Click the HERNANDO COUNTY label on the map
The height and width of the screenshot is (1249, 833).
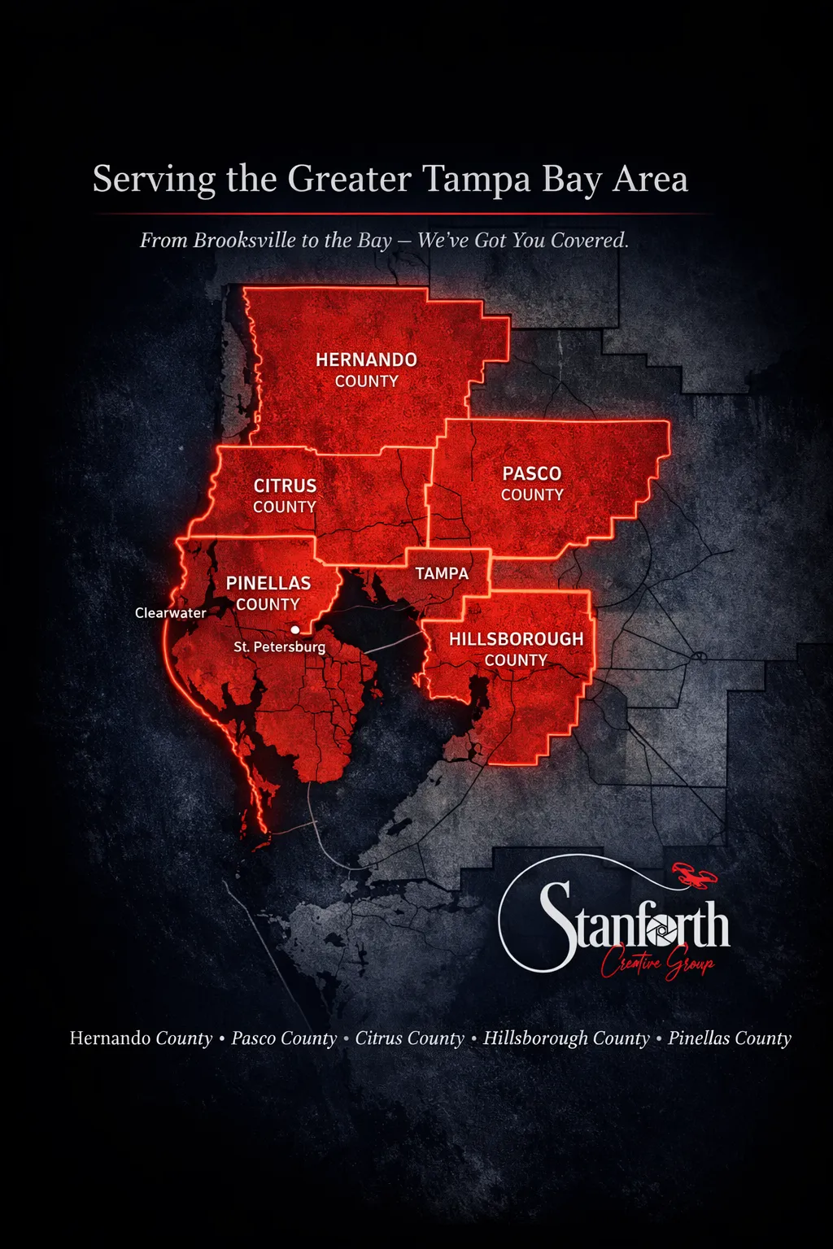click(366, 370)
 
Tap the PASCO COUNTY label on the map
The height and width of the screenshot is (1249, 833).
click(532, 484)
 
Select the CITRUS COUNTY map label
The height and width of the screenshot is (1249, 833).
click(285, 496)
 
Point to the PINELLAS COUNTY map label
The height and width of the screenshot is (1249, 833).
click(268, 594)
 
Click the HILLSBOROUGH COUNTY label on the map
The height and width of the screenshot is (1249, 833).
click(516, 649)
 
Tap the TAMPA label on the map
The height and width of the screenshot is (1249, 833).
click(442, 573)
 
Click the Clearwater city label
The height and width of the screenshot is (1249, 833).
click(170, 613)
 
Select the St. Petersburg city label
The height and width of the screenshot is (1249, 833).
click(279, 647)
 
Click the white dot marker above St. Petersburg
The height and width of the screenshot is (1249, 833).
click(294, 629)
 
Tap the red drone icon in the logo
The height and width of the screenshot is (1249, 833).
click(694, 876)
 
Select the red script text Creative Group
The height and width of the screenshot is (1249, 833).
click(657, 964)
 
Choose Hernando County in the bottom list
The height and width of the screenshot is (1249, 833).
click(141, 1038)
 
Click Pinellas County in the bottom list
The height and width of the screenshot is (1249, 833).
click(730, 1038)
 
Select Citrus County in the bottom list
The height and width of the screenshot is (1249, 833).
click(409, 1038)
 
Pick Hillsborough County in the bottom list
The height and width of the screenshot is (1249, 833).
click(566, 1038)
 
